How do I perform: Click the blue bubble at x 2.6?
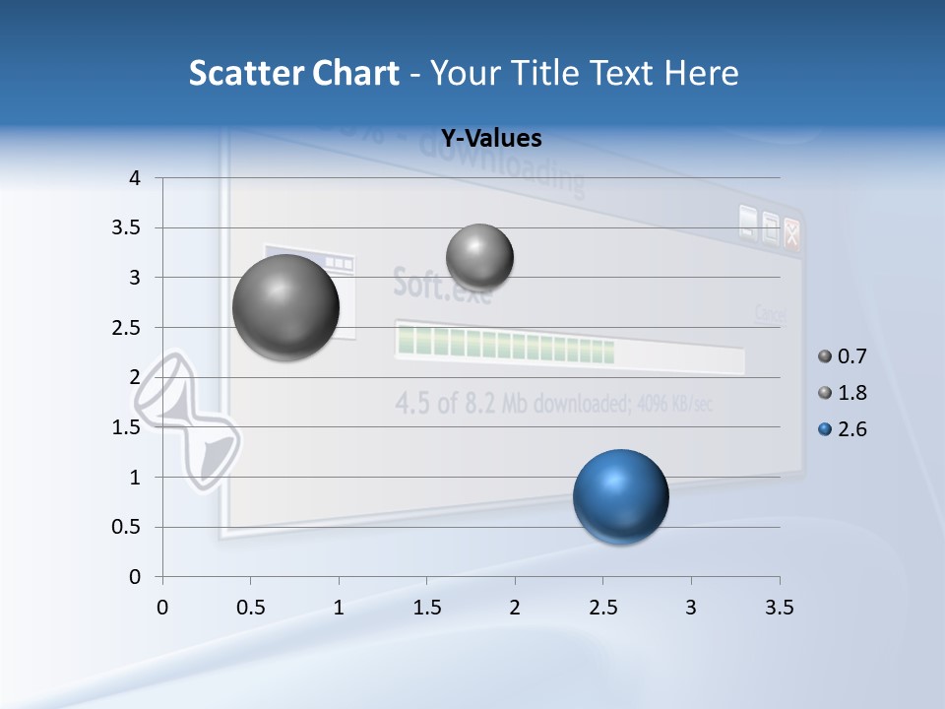(x=620, y=496)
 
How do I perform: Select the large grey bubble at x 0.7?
(x=285, y=307)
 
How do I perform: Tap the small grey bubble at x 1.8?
(x=479, y=258)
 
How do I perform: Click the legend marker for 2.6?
(x=825, y=429)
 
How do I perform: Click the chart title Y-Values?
(x=490, y=139)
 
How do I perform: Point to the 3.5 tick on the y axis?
(x=129, y=228)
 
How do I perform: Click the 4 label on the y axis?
(x=135, y=178)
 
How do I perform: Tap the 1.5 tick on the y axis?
(x=129, y=427)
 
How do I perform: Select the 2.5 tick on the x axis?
(x=602, y=608)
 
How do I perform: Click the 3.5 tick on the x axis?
(x=779, y=608)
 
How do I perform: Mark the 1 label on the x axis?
(x=339, y=608)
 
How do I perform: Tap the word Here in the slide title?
(x=700, y=73)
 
